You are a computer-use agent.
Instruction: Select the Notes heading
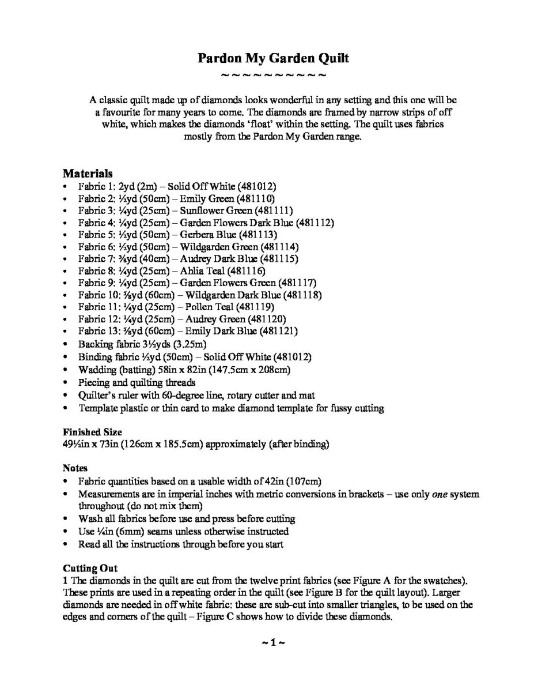[x=75, y=468]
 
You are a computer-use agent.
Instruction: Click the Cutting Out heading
[x=90, y=568]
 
